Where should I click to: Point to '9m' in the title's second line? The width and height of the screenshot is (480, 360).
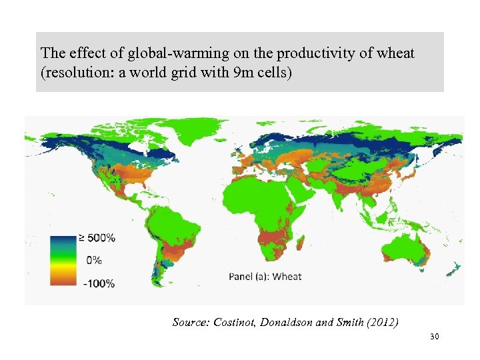tap(225, 71)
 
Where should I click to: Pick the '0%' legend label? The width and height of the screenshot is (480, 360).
tap(93, 260)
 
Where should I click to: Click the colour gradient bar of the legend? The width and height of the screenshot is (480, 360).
tap(59, 260)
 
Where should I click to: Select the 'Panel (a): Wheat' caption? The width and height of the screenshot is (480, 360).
tap(265, 276)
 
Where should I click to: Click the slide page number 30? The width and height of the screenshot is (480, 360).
tap(435, 337)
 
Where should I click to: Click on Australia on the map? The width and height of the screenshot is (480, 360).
tap(405, 250)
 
